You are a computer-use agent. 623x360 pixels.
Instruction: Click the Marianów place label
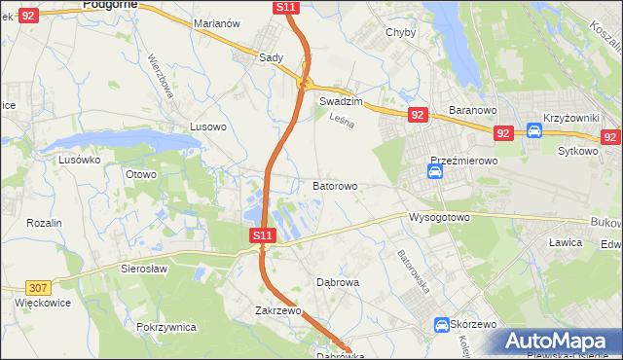pos(217,23)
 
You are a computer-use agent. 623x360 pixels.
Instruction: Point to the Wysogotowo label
pos(439,217)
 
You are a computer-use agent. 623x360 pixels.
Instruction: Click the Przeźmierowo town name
pos(464,161)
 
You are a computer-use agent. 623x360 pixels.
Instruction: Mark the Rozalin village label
pos(44,223)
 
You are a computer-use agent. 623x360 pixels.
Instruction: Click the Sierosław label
pos(144,268)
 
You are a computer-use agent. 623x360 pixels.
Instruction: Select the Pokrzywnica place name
pos(166,328)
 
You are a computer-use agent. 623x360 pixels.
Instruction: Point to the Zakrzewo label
pos(277,311)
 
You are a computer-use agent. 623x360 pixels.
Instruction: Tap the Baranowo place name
pos(473,110)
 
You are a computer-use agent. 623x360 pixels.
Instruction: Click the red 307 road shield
pos(38,288)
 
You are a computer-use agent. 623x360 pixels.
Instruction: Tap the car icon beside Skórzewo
pos(440,325)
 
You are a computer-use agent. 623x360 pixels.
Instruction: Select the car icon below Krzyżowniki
pos(534,131)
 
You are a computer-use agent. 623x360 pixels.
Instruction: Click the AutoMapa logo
pos(558,341)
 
